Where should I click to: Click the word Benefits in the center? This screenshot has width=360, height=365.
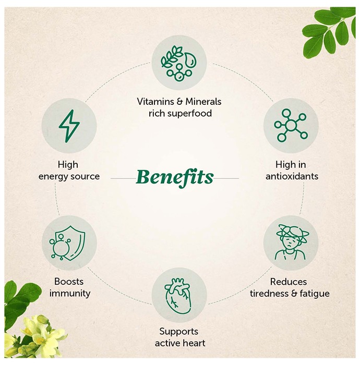tap(175, 178)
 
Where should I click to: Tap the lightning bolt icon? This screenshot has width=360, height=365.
tap(69, 126)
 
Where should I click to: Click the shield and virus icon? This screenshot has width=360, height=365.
tap(67, 243)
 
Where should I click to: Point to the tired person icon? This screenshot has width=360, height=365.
tap(291, 242)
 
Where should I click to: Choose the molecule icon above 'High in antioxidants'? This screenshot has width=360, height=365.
tap(291, 126)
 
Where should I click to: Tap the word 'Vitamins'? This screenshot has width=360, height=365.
tap(155, 102)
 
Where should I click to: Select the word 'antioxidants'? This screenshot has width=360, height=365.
tap(292, 176)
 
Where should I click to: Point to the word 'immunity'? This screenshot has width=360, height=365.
tap(70, 293)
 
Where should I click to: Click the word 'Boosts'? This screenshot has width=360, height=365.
tap(69, 282)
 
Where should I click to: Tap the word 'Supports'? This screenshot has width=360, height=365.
tap(179, 332)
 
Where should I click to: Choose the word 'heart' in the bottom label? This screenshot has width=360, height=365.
tap(194, 343)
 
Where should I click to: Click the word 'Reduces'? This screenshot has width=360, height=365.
tap(289, 282)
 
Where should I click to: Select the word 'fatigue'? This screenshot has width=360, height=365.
tap(315, 294)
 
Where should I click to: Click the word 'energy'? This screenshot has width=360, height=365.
tap(53, 177)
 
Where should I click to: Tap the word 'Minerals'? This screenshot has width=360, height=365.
tap(203, 102)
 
